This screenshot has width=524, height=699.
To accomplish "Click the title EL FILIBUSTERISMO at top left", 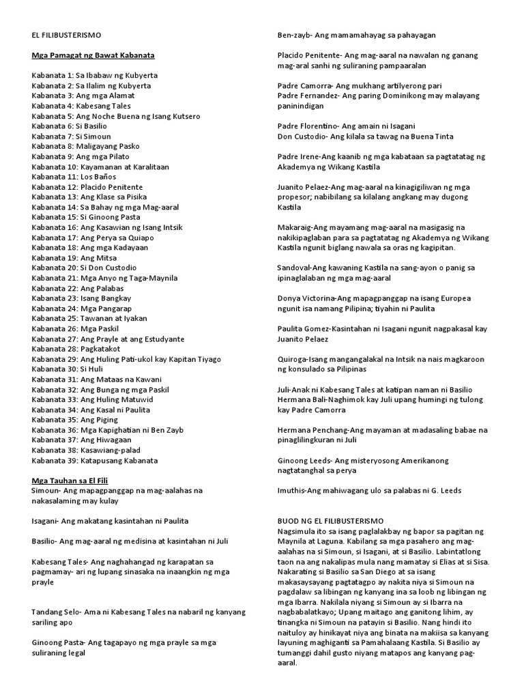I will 67,35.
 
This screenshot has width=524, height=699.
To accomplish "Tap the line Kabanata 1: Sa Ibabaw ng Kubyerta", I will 91,76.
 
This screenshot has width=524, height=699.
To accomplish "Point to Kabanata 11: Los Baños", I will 77,177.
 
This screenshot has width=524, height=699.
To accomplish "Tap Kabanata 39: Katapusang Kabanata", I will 95,461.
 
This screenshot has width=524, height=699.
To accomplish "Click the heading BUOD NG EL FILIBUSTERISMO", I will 330,521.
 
